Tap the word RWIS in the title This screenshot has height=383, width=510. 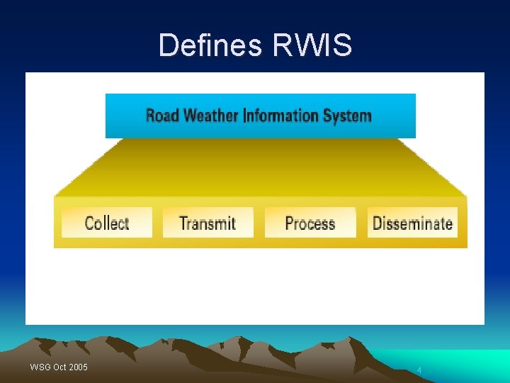312,45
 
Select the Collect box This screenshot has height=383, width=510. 107,223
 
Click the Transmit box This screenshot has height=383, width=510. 208,223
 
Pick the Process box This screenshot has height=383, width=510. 310,223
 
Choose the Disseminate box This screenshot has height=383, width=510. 412,223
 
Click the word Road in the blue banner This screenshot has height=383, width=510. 162,115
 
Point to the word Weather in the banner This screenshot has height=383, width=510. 210,115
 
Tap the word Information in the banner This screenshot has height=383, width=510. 282,115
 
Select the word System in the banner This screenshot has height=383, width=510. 347,115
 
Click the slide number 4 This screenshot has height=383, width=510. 419,370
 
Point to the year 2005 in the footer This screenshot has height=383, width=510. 79,367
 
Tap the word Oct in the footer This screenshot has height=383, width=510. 59,367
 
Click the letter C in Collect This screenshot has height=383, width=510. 89,223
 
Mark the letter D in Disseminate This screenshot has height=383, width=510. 378,223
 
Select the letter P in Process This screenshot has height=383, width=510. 289,223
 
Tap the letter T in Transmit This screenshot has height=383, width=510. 183,223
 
